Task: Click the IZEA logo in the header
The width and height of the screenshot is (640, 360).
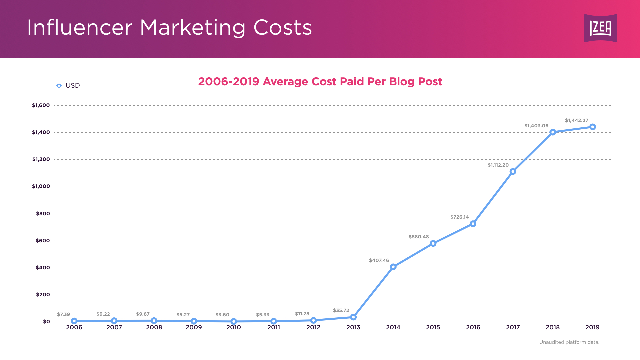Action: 600,28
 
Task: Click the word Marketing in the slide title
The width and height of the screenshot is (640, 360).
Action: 192,28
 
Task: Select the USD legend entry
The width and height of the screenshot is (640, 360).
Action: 68,86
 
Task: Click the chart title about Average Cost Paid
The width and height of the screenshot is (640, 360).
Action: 320,82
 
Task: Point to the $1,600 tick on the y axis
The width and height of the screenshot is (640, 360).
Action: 41,105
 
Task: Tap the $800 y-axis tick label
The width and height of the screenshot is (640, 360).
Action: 43,214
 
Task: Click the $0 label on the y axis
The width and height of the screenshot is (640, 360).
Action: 46,322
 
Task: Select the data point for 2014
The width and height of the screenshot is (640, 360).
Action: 393,267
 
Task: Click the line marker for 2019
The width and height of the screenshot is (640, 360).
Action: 592,127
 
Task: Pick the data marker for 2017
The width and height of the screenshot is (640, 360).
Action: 513,171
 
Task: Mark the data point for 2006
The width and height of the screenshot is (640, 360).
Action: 74,321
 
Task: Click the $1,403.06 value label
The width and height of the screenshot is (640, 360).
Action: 536,126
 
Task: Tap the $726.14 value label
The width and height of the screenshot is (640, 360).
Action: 459,217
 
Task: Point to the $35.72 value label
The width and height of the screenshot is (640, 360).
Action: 341,310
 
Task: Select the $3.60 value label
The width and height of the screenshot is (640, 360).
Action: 222,315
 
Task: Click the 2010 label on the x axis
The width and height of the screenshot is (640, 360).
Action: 233,327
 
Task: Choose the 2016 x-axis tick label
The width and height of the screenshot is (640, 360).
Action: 473,327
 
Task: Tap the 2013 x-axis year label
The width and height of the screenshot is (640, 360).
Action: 353,327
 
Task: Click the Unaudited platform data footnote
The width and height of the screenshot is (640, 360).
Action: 569,342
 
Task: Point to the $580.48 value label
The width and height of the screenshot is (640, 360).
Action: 419,237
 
